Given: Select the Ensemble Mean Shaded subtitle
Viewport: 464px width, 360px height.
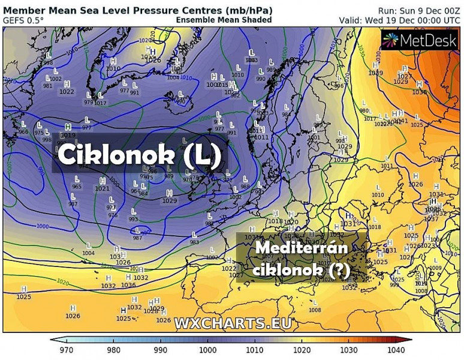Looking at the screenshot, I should coord(224,20).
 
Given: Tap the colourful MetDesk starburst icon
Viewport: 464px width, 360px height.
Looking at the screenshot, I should coord(390,40).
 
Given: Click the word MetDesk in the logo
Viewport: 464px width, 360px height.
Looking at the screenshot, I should coord(429,40).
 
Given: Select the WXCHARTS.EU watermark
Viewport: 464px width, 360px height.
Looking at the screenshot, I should coord(233,323).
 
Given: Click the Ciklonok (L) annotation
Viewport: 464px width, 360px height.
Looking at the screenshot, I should coord(140,154).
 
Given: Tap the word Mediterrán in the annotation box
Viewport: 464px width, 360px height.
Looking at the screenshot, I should coord(301,248).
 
